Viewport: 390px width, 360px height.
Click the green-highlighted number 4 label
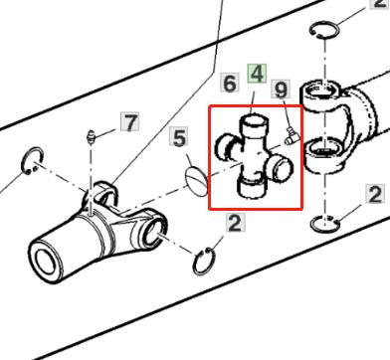click(x=257, y=75)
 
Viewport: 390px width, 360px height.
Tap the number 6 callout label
click(x=230, y=84)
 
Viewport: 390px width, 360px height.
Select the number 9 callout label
click(x=281, y=90)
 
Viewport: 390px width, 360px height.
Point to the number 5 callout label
click(x=179, y=137)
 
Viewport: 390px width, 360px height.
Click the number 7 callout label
click(x=129, y=121)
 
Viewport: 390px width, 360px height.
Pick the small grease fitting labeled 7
click(x=90, y=137)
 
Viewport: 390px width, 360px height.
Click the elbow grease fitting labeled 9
click(x=292, y=136)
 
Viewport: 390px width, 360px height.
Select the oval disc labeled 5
click(x=197, y=181)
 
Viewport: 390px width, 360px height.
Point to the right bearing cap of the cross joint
click(x=283, y=168)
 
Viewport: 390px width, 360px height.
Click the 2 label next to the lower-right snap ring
click(x=375, y=194)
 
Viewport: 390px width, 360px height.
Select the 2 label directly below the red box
click(x=236, y=223)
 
